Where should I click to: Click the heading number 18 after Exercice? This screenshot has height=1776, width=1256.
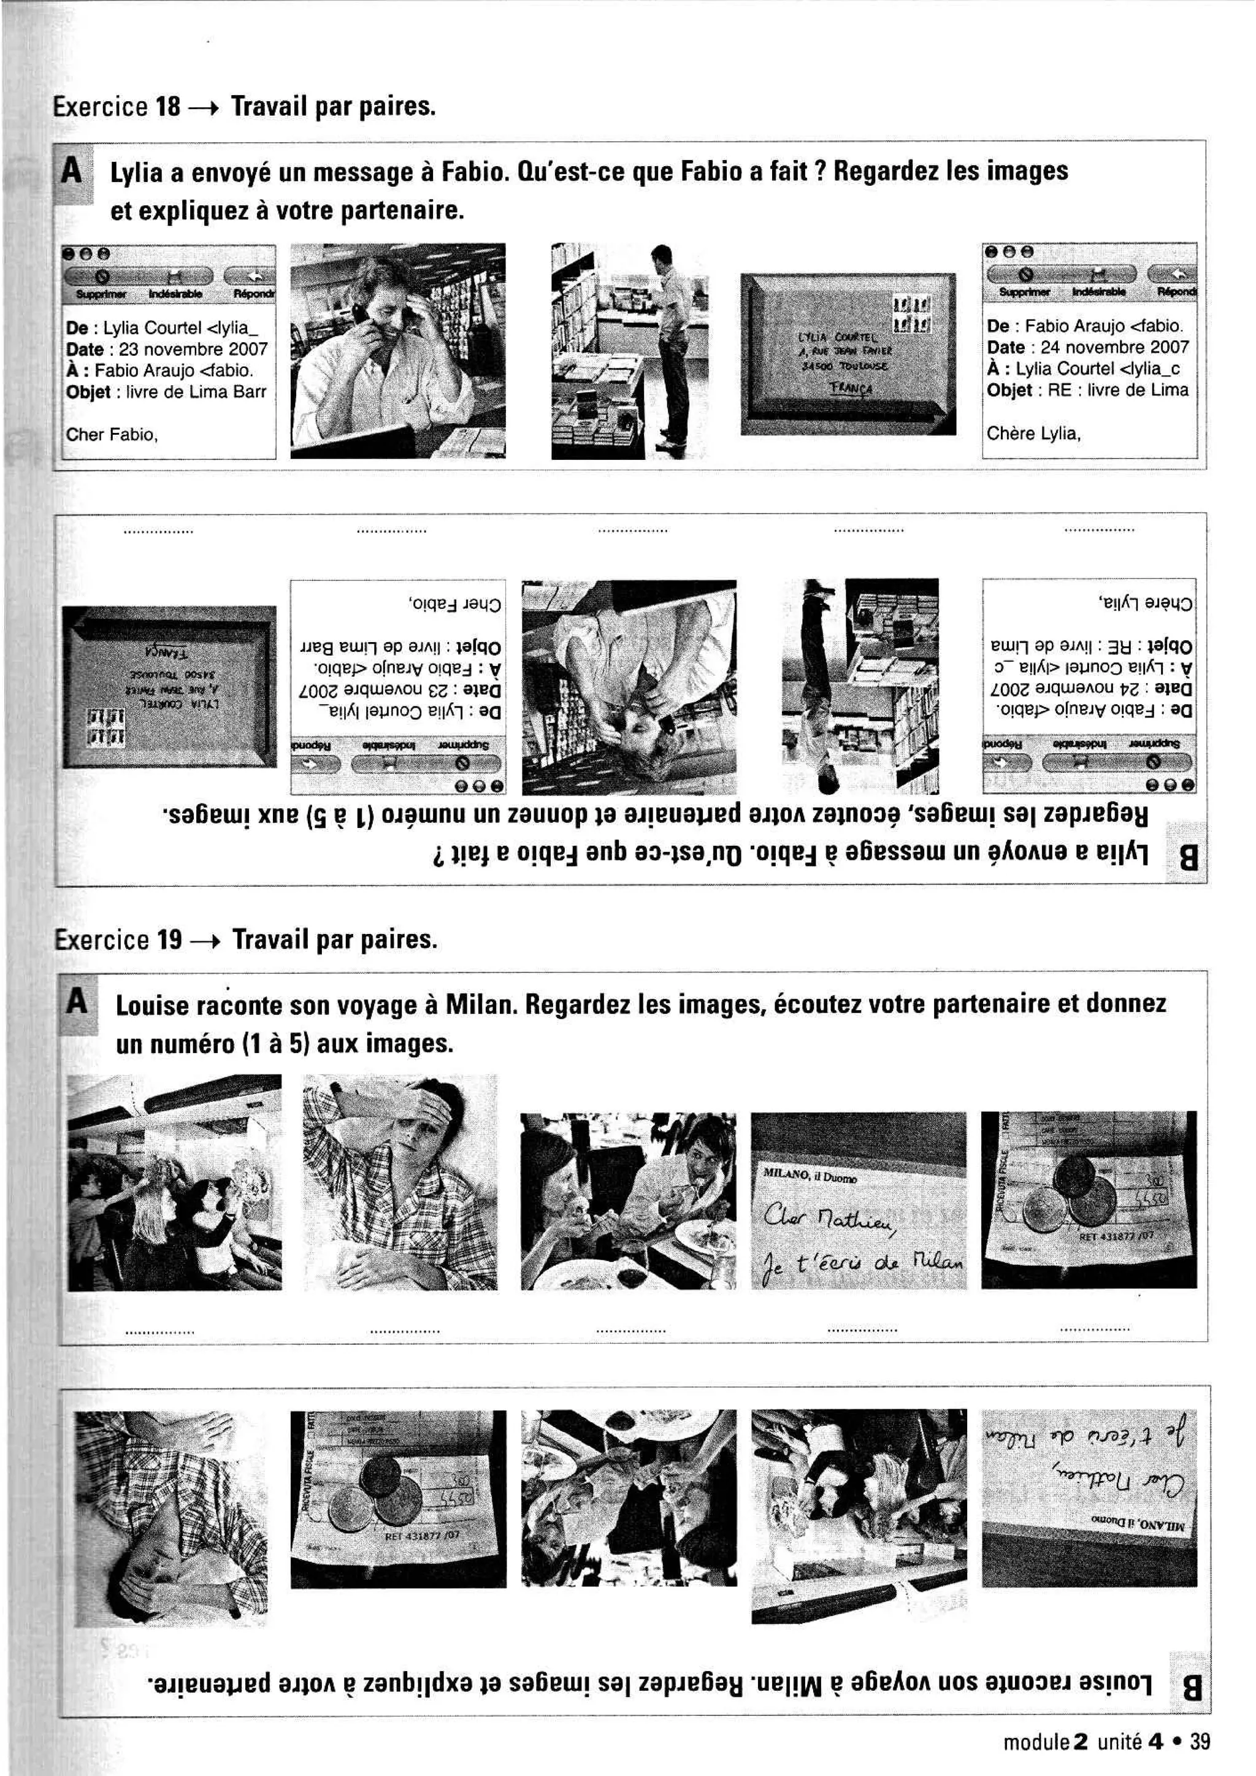(167, 106)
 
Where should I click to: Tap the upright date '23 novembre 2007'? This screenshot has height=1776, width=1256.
(193, 350)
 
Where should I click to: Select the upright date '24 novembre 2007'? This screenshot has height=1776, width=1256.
(1114, 347)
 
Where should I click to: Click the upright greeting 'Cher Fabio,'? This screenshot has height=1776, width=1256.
(112, 435)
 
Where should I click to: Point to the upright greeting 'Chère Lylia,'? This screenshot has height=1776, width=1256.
(1033, 433)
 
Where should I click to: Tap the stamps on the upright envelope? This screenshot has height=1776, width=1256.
(911, 315)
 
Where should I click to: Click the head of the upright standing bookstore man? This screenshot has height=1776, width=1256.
(662, 255)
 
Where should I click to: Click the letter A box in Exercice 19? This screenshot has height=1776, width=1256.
(77, 1003)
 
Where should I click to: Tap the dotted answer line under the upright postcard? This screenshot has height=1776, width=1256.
(862, 1330)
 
